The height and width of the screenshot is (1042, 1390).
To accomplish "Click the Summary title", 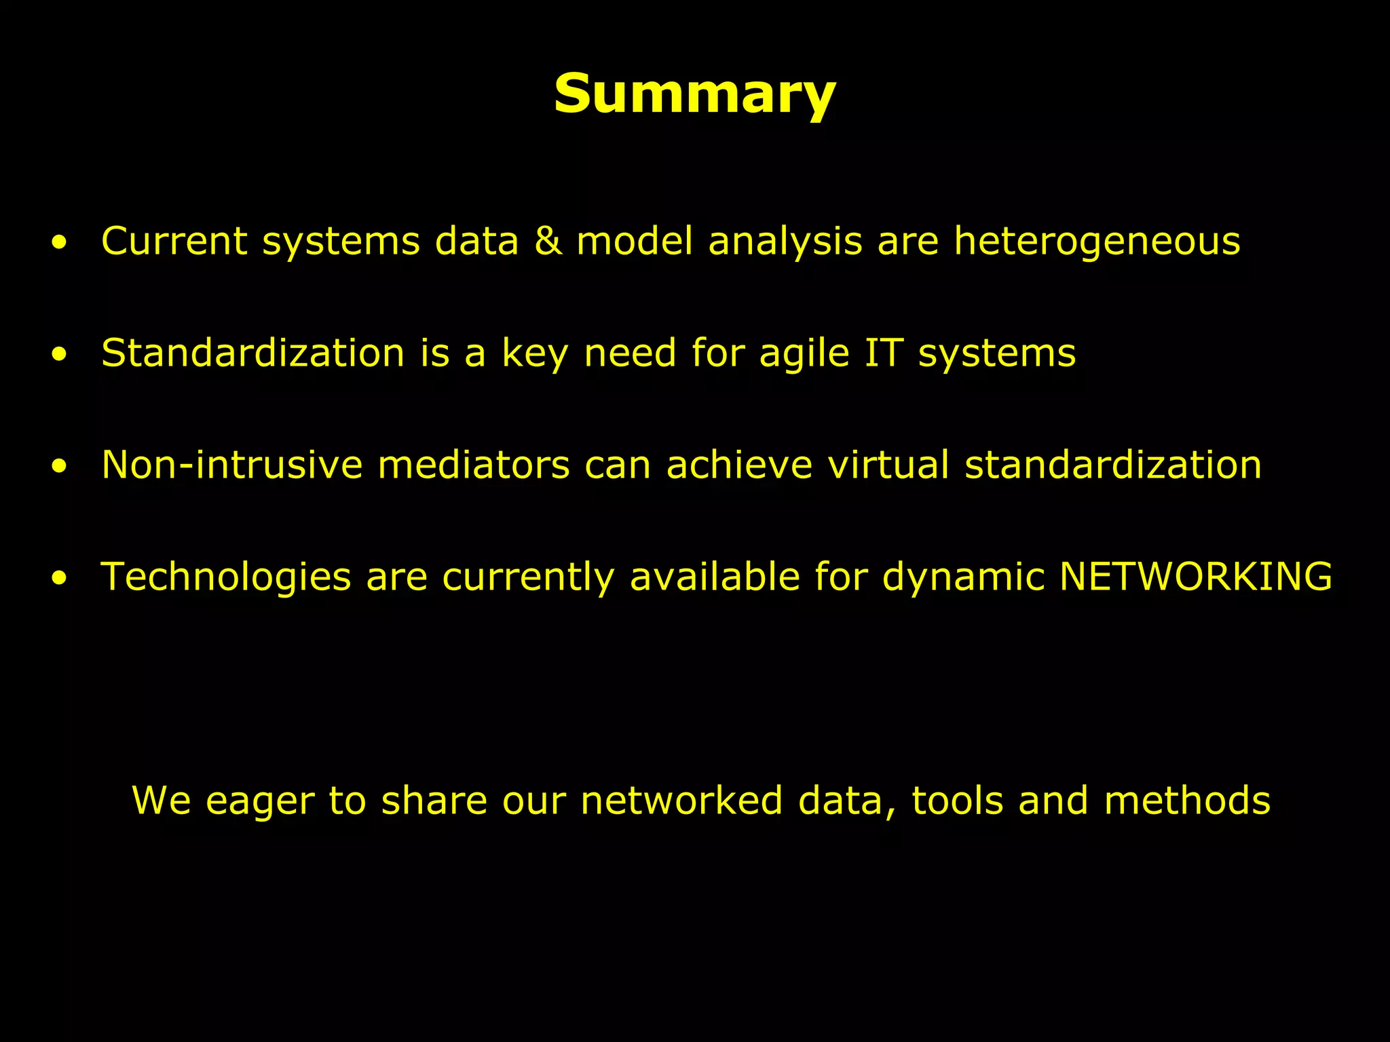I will pos(694,94).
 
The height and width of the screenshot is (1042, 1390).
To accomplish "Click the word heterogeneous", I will pos(1097,242).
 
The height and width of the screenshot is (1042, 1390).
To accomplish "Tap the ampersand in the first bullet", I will pos(548,241).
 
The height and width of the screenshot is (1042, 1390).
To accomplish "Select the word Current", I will pos(174,241).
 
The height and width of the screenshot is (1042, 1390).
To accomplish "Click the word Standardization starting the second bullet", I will pos(252,353).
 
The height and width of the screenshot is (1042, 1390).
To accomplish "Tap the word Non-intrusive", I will pos(231,465).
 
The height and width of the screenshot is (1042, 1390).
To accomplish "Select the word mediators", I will pos(473,465).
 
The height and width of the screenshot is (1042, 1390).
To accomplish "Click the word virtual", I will pos(888,465).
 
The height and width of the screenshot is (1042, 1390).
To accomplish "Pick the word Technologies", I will pos(225,578).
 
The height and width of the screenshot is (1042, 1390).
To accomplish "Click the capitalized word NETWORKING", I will pos(1195,577).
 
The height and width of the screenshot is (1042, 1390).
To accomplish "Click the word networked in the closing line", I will pos(681,800).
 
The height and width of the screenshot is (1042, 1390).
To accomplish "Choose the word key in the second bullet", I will pos(534,354).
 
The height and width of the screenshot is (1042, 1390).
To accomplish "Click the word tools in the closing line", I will pos(956,800).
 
